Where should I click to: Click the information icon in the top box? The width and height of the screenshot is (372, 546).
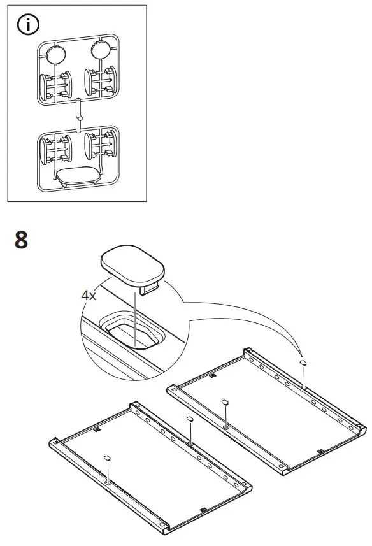(28, 25)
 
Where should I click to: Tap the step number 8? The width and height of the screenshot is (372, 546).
(21, 241)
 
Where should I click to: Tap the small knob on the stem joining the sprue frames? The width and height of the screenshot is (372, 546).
(79, 119)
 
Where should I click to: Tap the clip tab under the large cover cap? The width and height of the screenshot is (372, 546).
(150, 290)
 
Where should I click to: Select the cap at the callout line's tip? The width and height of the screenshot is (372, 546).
(304, 362)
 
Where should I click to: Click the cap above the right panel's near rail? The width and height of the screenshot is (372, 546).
(225, 403)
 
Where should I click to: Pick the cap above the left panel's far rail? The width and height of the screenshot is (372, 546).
(189, 419)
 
